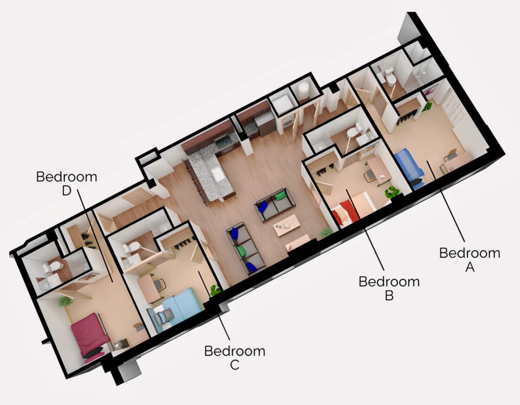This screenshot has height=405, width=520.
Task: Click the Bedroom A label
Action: click(x=469, y=260)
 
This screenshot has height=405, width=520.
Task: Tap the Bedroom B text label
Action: click(x=389, y=288)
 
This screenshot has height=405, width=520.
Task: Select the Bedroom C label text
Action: click(x=235, y=358)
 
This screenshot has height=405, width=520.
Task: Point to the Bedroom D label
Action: click(x=67, y=184)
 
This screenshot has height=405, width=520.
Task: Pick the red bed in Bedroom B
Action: click(x=347, y=212)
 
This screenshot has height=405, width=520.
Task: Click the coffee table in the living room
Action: click(x=287, y=225)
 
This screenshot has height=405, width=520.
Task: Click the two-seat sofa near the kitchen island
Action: click(x=275, y=204)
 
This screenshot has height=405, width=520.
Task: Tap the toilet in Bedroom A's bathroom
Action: click(x=390, y=77)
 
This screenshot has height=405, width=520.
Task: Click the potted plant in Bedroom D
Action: click(x=66, y=302)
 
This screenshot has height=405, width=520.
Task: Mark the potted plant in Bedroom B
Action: click(x=392, y=192)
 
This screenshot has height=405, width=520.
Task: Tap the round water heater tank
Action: click(x=304, y=89)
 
